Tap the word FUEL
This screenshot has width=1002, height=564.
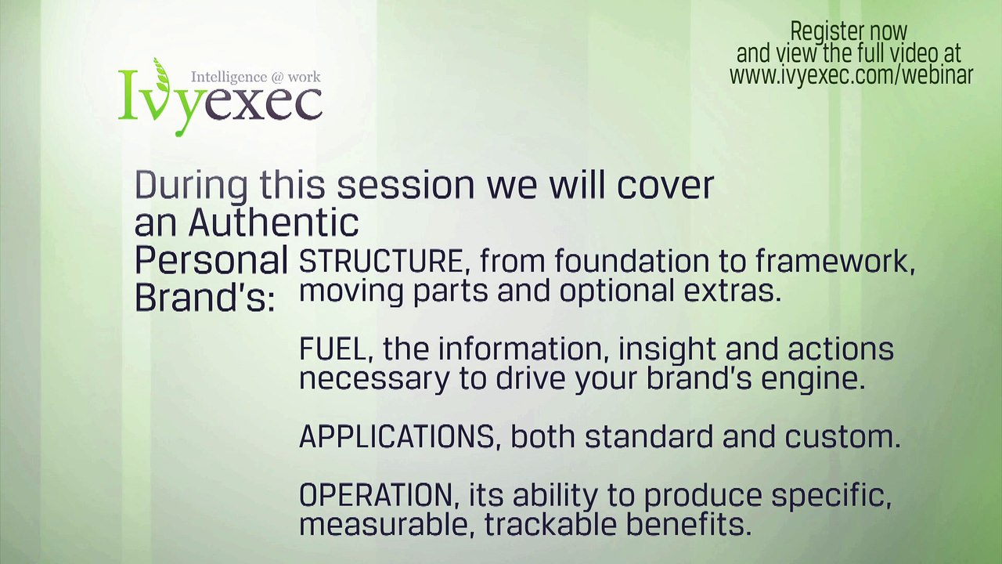coord(333,349)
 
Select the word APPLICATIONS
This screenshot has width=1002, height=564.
coord(396,436)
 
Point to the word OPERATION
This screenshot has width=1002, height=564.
coord(376,495)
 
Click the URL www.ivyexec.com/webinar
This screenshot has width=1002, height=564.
coord(851,75)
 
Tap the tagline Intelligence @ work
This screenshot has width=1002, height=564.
coord(256,77)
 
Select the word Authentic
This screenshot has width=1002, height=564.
coord(274,223)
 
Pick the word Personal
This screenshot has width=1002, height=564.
coord(211,261)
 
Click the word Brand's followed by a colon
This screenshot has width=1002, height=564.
coord(205,298)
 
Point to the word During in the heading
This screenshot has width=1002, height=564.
coord(191,186)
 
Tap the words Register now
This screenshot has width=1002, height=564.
coord(849,32)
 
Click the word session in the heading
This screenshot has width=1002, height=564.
coord(405,186)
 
